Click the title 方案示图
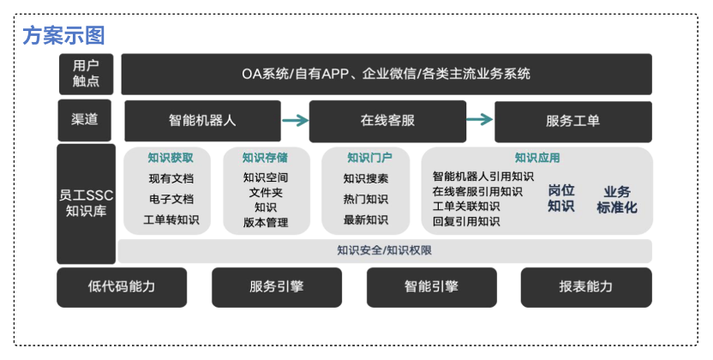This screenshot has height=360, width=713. pyautogui.click(x=63, y=36)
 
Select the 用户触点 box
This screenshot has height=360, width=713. pyautogui.click(x=86, y=74)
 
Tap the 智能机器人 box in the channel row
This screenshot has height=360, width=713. pyautogui.click(x=202, y=121)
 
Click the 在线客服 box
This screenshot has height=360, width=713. pyautogui.click(x=387, y=121)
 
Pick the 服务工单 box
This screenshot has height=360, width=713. pyautogui.click(x=572, y=121)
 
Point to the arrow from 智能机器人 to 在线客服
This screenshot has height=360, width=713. pyautogui.click(x=295, y=121)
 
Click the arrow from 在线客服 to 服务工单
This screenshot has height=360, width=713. pyautogui.click(x=480, y=121)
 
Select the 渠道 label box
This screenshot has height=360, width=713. pyautogui.click(x=85, y=121)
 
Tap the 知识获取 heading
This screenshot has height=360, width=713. pyautogui.click(x=171, y=158)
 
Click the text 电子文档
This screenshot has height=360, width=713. pyautogui.click(x=171, y=199)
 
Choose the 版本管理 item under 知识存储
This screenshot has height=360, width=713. pyautogui.click(x=266, y=223)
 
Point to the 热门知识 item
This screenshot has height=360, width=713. pyautogui.click(x=366, y=199)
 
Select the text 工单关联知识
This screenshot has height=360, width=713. pyautogui.click(x=466, y=207)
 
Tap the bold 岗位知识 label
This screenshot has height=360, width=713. pyautogui.click(x=561, y=198)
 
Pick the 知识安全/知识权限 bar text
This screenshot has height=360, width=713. pyautogui.click(x=384, y=250)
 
